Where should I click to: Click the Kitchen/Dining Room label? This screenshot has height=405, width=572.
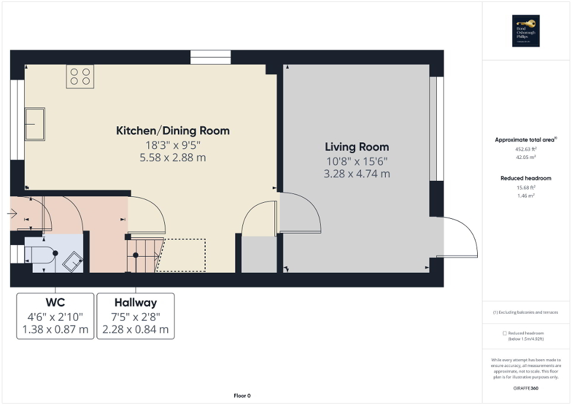coord(172,131)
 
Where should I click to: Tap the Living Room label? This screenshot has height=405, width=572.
coord(357,147)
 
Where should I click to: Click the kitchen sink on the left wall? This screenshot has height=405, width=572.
coord(34,124)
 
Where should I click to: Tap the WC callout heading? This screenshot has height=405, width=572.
coord(55,303)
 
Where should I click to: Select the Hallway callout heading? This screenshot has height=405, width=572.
coord(135,303)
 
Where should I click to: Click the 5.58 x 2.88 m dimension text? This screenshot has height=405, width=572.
coord(172,158)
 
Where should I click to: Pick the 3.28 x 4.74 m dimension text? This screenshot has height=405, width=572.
coord(357,174)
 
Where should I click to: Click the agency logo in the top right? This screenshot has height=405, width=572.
coord(526,31)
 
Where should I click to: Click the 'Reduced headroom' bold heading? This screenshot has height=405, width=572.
coord(526,178)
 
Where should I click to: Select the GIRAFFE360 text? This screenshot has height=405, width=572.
coord(526,387)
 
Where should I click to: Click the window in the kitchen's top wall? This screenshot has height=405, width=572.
coord(210,58)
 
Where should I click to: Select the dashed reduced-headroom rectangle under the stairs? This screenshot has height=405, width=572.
coord(184,255)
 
